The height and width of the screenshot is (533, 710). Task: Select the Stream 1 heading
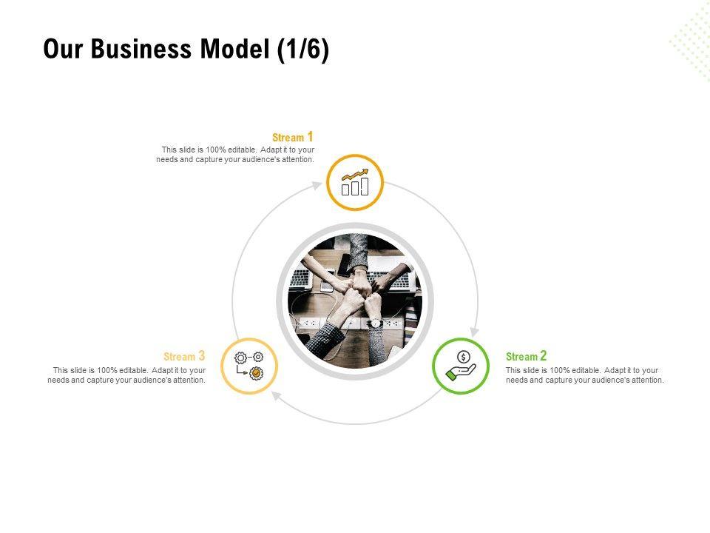tap(293, 137)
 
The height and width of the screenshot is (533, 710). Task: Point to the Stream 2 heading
tap(526, 356)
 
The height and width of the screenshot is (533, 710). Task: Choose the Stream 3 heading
tap(184, 356)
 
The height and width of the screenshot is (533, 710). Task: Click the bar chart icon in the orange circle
tap(355, 183)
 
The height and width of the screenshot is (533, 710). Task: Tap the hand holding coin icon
tap(460, 366)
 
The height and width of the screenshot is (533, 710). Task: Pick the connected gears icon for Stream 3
tap(249, 366)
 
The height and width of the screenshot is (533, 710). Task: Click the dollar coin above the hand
tap(463, 358)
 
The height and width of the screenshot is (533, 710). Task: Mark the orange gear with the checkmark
tap(257, 373)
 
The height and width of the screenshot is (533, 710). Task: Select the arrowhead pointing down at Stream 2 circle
tap(473, 332)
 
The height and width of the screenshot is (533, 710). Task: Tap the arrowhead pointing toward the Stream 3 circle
tap(276, 397)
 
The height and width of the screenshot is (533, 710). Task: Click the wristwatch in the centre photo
tap(376, 324)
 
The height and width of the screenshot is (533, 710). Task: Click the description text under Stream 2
tap(584, 375)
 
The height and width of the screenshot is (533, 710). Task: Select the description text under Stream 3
tap(126, 375)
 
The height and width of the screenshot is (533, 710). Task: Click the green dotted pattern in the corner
tap(692, 41)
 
